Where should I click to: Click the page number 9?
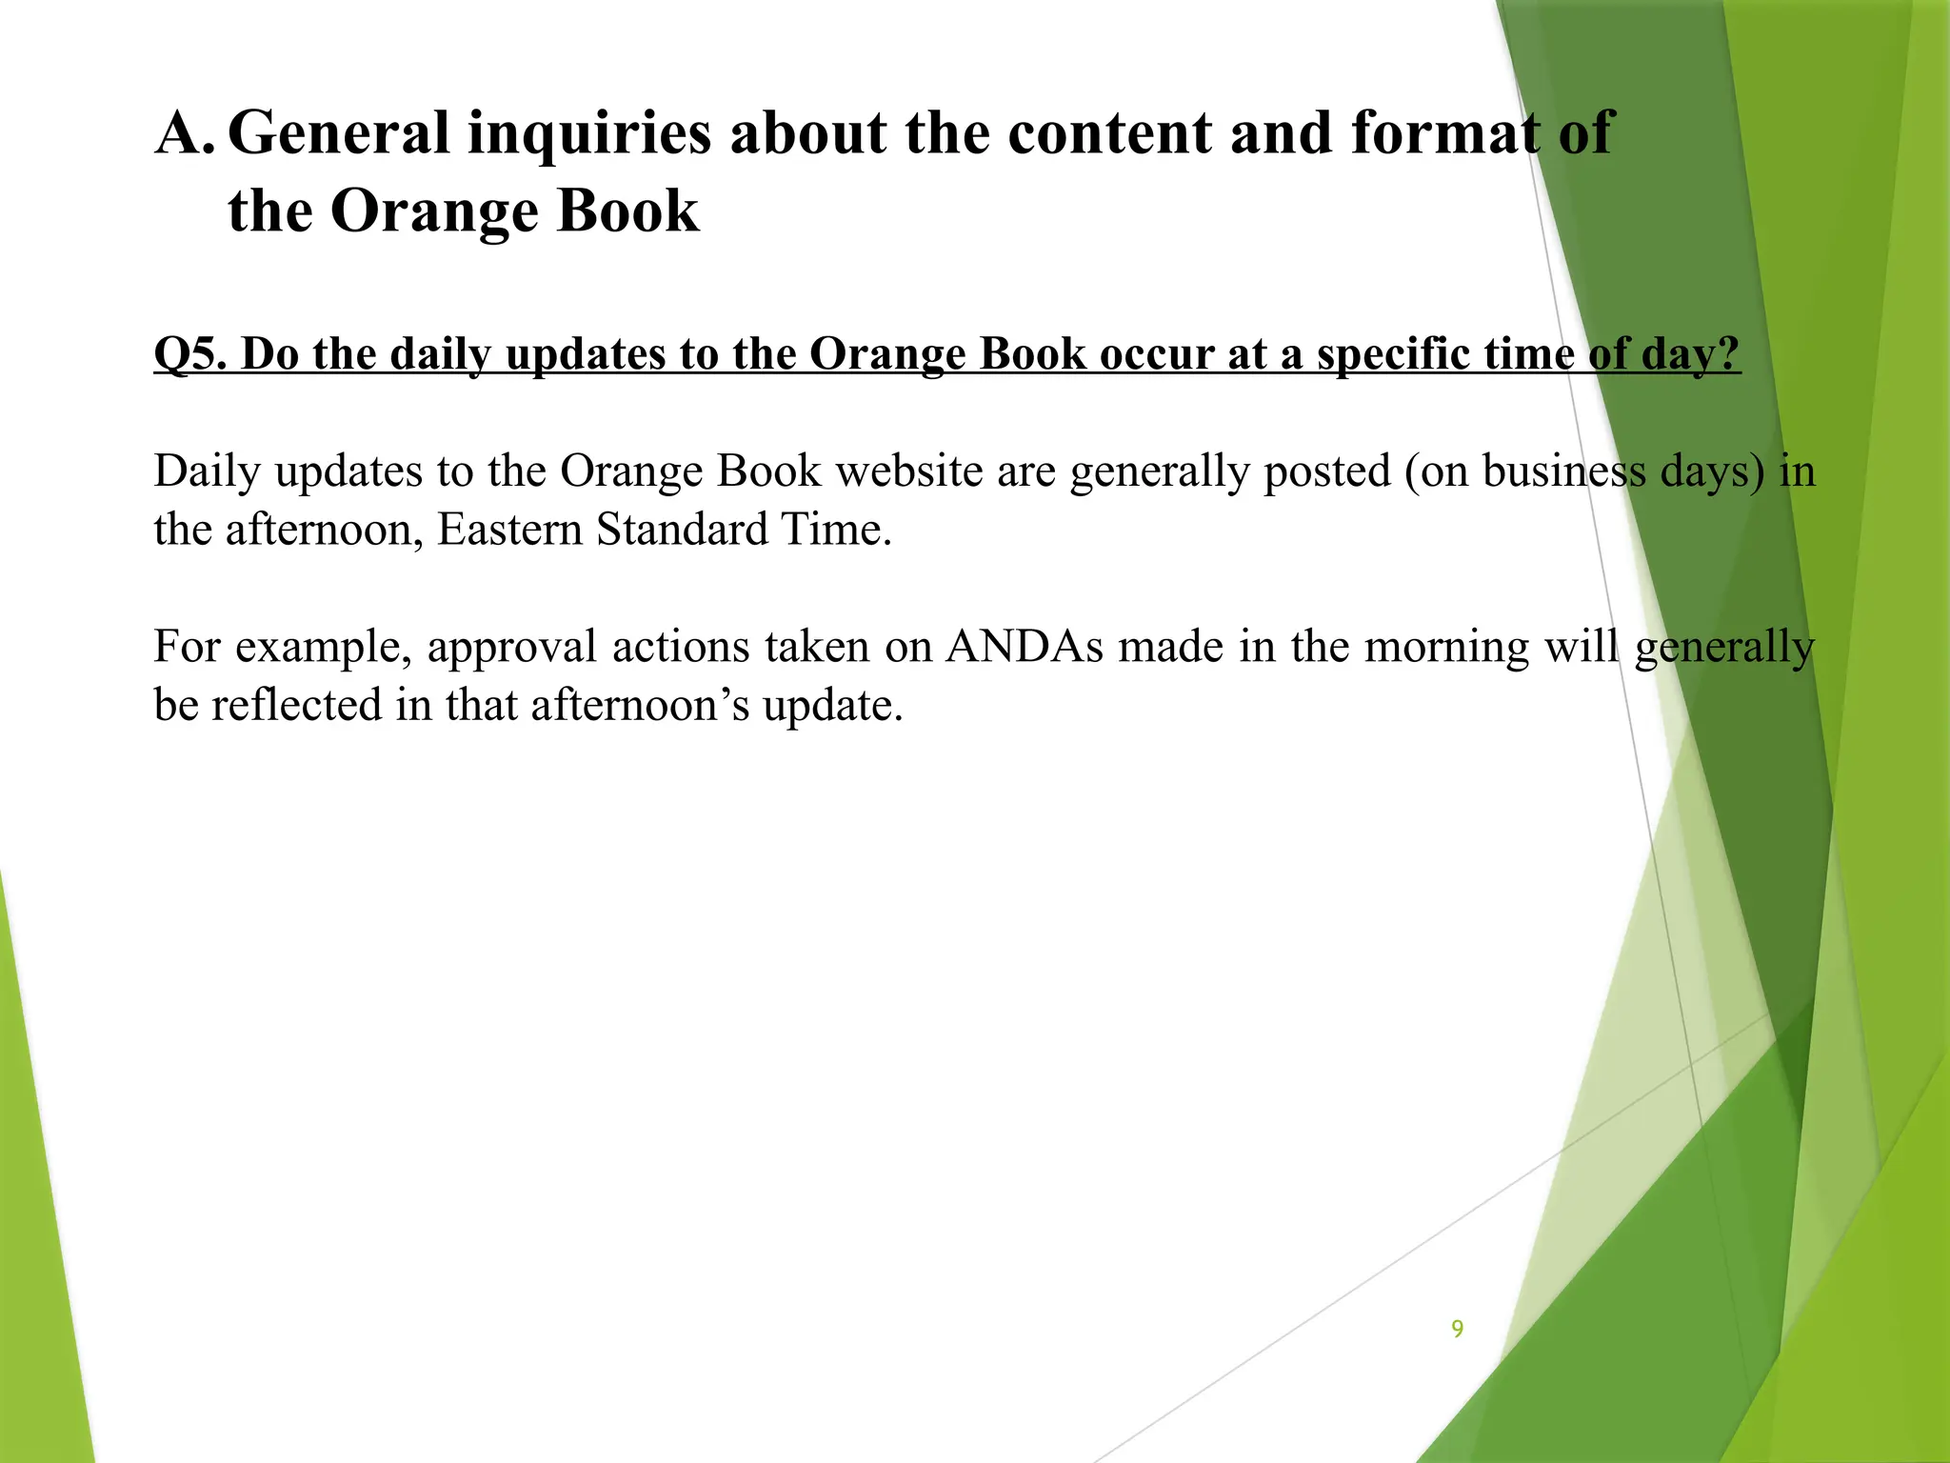point(1457,1329)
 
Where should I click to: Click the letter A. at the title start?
point(185,132)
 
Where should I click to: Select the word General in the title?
point(338,132)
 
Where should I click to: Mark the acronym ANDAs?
point(1025,647)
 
